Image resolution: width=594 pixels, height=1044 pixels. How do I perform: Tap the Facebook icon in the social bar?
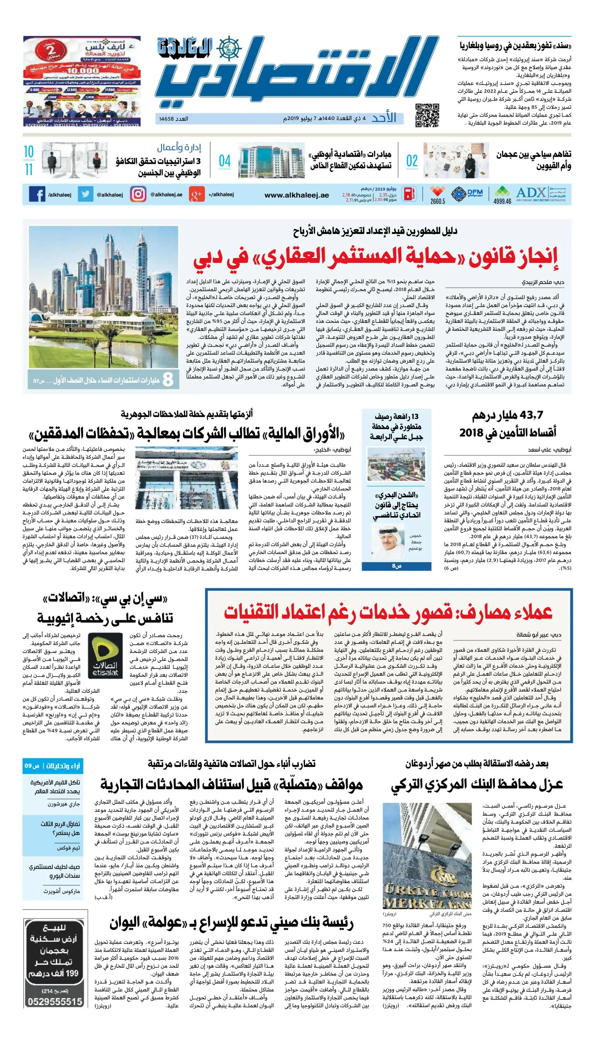pyautogui.click(x=37, y=194)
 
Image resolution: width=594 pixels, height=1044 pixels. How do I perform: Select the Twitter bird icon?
pyautogui.click(x=85, y=194)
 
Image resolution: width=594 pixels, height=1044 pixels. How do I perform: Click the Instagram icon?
pyautogui.click(x=138, y=194)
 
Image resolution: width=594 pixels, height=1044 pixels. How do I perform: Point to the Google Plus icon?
pyautogui.click(x=196, y=195)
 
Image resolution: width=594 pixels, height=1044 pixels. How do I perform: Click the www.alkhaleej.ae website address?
pyautogui.click(x=297, y=195)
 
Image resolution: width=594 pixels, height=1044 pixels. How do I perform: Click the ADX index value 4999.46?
pyautogui.click(x=502, y=201)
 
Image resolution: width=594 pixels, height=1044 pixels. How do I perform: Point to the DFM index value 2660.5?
pyautogui.click(x=437, y=201)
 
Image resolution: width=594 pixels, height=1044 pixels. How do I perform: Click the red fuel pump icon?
pyautogui.click(x=410, y=194)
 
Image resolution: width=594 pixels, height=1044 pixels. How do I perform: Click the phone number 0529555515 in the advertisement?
pyautogui.click(x=55, y=1001)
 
